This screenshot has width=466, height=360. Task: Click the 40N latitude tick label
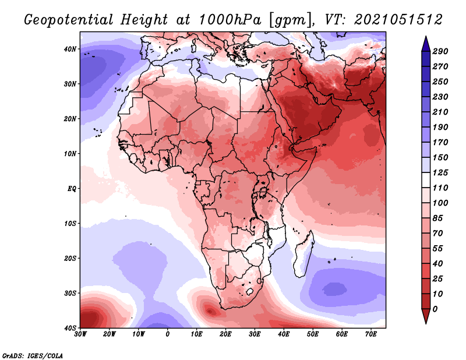tap(70, 49)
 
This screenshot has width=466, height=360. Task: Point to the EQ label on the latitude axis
tap(72, 189)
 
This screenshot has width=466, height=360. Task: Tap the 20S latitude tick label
tap(70, 258)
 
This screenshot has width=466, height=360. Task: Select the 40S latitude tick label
tap(70, 328)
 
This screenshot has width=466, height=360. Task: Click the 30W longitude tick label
tap(80, 334)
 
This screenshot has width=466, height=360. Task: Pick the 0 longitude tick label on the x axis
tap(168, 334)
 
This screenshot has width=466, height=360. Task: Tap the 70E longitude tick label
tap(371, 334)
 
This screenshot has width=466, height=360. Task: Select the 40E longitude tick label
tap(284, 334)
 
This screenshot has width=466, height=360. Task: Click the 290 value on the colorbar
tap(440, 51)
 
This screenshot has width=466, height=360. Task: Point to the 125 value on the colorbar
tap(440, 172)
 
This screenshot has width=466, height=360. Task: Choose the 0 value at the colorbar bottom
tap(435, 309)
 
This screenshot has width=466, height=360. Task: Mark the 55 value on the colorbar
tap(437, 249)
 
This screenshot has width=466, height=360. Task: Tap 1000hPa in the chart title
tap(230, 20)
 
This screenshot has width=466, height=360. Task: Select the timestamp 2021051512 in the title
tap(398, 20)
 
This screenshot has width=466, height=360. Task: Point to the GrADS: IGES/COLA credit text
tap(33, 356)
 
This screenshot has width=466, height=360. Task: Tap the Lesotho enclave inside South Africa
tap(250, 291)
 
